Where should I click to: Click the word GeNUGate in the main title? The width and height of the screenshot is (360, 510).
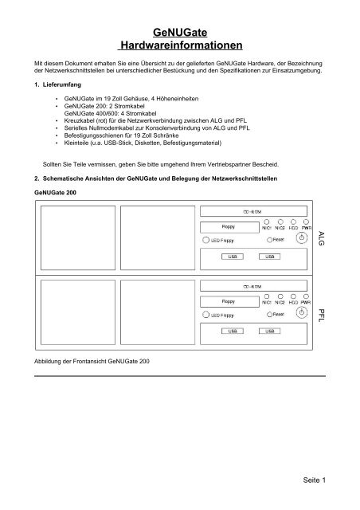pyautogui.click(x=179, y=32)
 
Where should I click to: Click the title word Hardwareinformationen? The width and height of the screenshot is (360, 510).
pyautogui.click(x=179, y=47)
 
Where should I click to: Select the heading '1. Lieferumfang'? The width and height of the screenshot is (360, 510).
pyautogui.click(x=55, y=83)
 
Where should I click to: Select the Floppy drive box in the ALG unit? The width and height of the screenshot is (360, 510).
pyautogui.click(x=227, y=226)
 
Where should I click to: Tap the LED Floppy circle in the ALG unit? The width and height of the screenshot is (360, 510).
pyautogui.click(x=205, y=239)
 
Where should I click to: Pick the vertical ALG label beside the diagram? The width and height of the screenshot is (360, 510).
pyautogui.click(x=321, y=237)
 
